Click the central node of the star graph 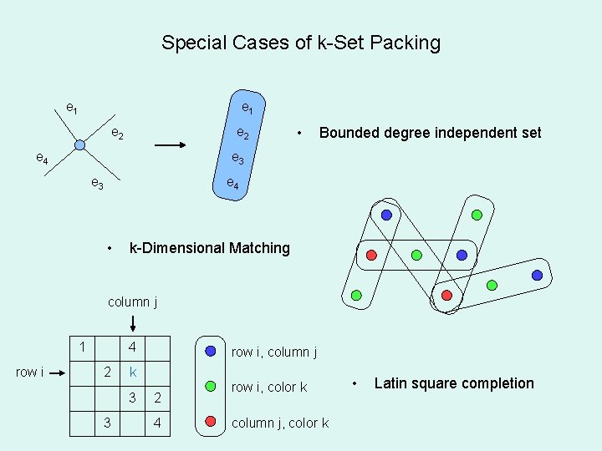[79, 145]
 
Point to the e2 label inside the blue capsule [242, 133]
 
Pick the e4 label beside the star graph [41, 158]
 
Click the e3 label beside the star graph [97, 184]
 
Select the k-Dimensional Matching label [209, 248]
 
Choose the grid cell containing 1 [82, 347]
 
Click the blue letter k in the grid [132, 372]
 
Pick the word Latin [391, 383]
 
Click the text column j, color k [279, 423]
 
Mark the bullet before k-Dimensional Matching [111, 248]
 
